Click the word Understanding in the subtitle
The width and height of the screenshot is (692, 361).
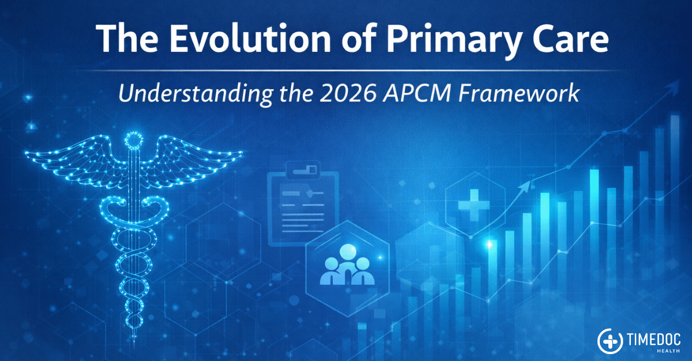pyautogui.click(x=195, y=93)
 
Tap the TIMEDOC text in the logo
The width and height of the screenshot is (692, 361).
pyautogui.click(x=653, y=340)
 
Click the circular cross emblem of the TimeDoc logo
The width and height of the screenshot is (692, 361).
pyautogui.click(x=610, y=341)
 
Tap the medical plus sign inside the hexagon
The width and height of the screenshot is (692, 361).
pyautogui.click(x=473, y=205)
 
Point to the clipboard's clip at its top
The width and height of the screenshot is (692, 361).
pyautogui.click(x=303, y=170)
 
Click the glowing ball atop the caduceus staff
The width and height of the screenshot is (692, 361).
pyautogui.click(x=134, y=140)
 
